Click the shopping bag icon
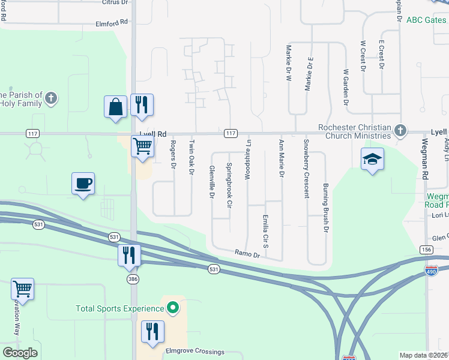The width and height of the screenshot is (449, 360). pyautogui.click(x=115, y=107)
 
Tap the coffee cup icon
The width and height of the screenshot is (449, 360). pyautogui.click(x=83, y=183)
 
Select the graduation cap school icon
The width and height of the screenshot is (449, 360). pyautogui.click(x=372, y=159)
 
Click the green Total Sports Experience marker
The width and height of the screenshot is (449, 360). pyautogui.click(x=173, y=308)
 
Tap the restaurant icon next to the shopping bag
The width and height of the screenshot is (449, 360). pyautogui.click(x=142, y=105)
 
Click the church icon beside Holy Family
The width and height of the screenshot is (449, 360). pyautogui.click(x=52, y=98)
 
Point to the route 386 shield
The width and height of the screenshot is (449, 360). pyautogui.click(x=133, y=279)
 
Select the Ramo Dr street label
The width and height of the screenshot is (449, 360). pyautogui.click(x=247, y=254)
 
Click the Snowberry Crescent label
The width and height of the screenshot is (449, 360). pyautogui.click(x=306, y=169)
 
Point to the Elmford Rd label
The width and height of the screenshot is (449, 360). pyautogui.click(x=112, y=23)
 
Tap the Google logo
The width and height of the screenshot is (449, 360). pyautogui.click(x=20, y=353)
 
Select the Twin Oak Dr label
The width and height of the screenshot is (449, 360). pyautogui.click(x=192, y=157)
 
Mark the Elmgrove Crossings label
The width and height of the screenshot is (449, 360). pyautogui.click(x=195, y=352)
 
